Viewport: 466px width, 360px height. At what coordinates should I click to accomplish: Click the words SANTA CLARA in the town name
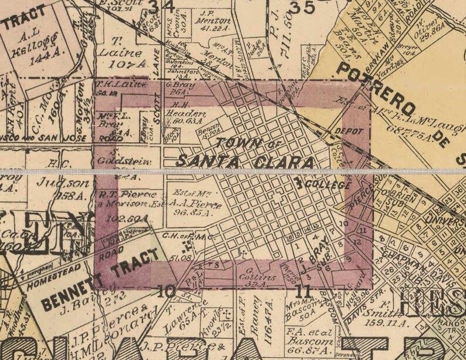pos(245,160)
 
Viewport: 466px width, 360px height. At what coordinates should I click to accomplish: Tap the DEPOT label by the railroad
pos(345,132)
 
